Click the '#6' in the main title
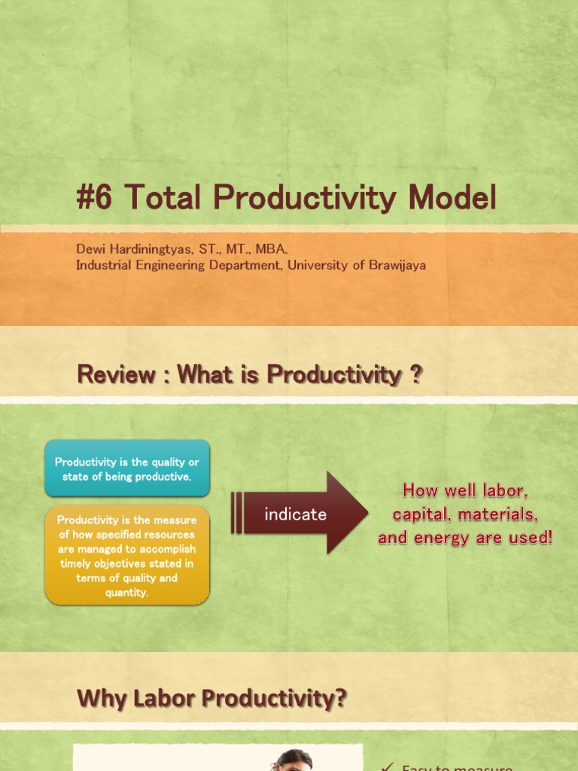click(95, 198)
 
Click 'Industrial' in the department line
click(103, 265)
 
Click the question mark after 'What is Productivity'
click(416, 374)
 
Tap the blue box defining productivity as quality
click(127, 469)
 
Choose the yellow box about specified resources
click(127, 556)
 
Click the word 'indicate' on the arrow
click(295, 514)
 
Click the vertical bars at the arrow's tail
click(236, 513)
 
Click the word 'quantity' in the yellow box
click(127, 593)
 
